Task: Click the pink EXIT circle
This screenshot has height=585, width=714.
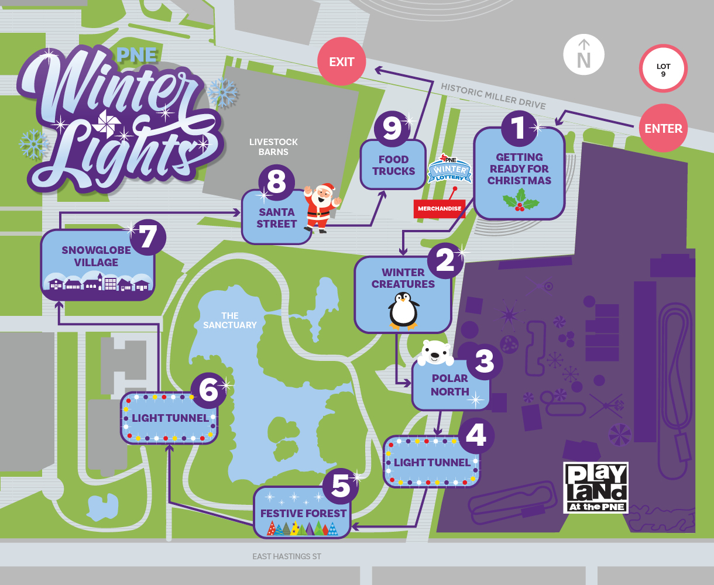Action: point(342,61)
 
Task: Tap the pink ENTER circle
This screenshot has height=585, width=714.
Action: point(663,129)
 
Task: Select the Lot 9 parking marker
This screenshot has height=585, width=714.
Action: point(663,68)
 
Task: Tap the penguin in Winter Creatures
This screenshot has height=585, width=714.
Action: point(404,310)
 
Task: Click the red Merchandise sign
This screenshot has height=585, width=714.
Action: point(439,208)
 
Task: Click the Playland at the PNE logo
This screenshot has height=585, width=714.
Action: point(596,487)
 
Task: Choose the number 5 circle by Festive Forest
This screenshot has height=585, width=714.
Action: point(341,486)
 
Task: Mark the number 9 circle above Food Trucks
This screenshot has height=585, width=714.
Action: point(392,128)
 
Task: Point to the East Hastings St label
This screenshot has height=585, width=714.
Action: point(287,556)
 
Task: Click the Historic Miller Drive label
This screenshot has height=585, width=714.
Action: point(493,97)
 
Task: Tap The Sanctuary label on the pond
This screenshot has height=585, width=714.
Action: point(230,321)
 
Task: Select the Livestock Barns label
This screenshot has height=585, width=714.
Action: point(273,146)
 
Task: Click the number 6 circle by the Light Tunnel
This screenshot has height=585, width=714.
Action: point(208,390)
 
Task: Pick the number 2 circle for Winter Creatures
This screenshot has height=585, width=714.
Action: point(445,260)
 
